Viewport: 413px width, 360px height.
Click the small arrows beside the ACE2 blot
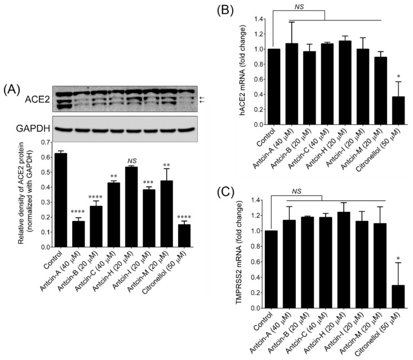coord(203,99)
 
